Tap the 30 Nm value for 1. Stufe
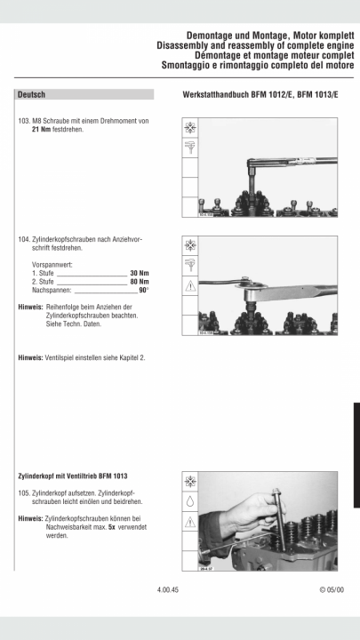140,273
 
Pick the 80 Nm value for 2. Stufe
140,282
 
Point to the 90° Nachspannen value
144,290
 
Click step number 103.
24,121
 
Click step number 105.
24,492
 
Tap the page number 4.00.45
168,590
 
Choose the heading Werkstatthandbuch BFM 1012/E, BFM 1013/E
260,95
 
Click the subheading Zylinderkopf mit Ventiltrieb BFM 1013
73,476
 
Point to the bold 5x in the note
111,527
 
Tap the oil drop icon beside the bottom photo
190,501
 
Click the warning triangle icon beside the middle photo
190,286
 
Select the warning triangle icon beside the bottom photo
190,522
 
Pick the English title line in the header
255,45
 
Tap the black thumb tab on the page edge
356,455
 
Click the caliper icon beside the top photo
190,148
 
